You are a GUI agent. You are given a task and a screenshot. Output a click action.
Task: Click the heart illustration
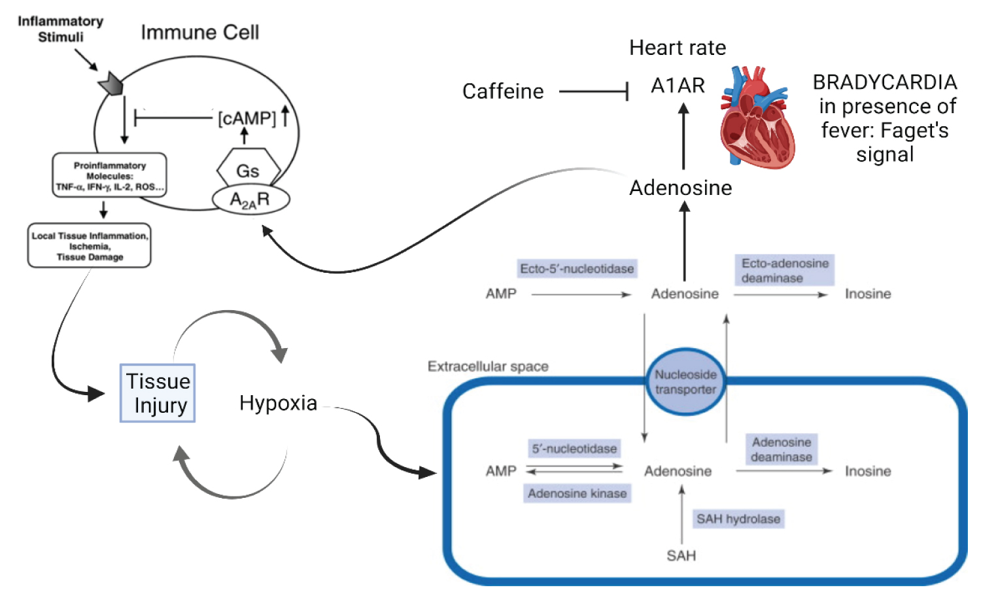pyautogui.click(x=757, y=118)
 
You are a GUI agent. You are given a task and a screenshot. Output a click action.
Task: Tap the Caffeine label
pyautogui.click(x=502, y=92)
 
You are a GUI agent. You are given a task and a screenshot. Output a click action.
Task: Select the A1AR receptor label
pyautogui.click(x=678, y=86)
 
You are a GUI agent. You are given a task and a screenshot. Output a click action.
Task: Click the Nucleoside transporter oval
pyautogui.click(x=685, y=382)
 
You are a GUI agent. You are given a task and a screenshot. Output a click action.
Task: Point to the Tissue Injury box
pyautogui.click(x=158, y=393)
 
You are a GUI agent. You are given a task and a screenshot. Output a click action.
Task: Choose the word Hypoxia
pyautogui.click(x=278, y=403)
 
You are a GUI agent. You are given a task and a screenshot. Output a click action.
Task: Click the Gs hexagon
pyautogui.click(x=248, y=171)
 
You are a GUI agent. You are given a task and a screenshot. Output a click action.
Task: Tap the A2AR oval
pyautogui.click(x=250, y=200)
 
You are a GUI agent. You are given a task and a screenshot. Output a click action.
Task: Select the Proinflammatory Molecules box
pyautogui.click(x=109, y=176)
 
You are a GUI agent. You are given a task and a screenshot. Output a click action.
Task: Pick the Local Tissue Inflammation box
pyautogui.click(x=90, y=246)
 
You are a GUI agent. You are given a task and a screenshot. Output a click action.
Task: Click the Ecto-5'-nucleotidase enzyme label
pyautogui.click(x=577, y=269)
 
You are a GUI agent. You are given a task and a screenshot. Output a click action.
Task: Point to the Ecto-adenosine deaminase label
pyautogui.click(x=784, y=270)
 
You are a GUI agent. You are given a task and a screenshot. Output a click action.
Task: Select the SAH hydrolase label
pyautogui.click(x=738, y=519)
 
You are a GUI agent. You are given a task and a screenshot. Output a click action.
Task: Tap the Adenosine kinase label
pyautogui.click(x=577, y=493)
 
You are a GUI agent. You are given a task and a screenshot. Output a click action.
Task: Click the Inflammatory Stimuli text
pyautogui.click(x=60, y=29)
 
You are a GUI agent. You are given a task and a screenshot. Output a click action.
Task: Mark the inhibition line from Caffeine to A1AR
pyautogui.click(x=593, y=92)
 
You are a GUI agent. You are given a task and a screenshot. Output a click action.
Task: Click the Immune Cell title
pyautogui.click(x=199, y=33)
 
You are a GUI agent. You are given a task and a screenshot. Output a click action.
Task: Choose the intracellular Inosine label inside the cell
pyautogui.click(x=867, y=471)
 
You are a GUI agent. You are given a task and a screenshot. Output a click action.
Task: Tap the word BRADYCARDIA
pyautogui.click(x=884, y=82)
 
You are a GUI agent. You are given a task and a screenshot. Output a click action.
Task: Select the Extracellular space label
pyautogui.click(x=488, y=366)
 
